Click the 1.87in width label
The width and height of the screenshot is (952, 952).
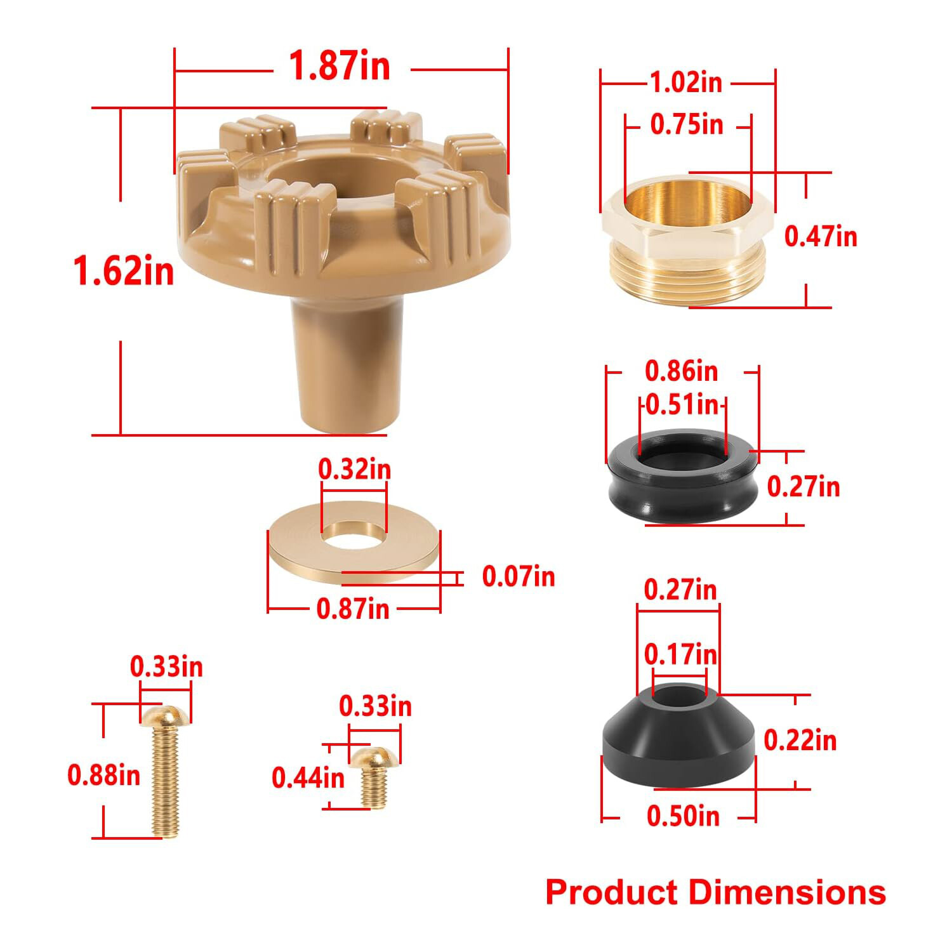340,66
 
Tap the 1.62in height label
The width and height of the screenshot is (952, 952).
124,271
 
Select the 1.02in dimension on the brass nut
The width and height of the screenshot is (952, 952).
686,83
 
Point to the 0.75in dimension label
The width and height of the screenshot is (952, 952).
687,124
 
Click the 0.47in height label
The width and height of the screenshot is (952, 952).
821,236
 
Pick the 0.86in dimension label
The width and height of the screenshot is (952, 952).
681,371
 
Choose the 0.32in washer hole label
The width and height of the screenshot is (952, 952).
354,469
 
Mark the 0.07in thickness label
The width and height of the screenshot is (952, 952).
519,576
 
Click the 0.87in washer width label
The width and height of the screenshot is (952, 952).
353,609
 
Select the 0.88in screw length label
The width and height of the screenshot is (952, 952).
103,775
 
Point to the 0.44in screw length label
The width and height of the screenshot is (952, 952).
308,777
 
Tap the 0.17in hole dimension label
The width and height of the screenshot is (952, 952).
680,654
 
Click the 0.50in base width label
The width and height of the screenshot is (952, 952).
683,816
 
